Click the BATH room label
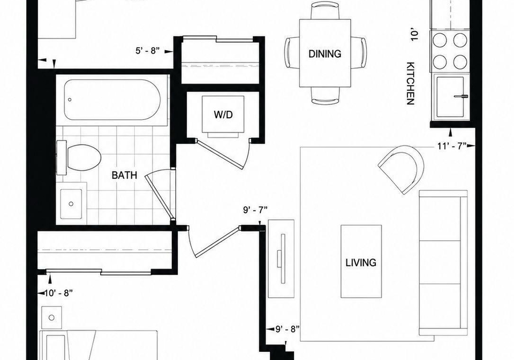click(x=124, y=175)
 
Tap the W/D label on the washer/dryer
click(x=223, y=114)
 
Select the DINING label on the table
click(x=324, y=53)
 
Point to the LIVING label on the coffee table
click(x=361, y=263)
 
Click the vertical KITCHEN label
click(x=411, y=83)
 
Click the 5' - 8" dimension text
click(x=148, y=51)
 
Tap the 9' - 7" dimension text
click(x=255, y=210)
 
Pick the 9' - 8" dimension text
click(x=288, y=329)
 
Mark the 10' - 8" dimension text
click(x=58, y=293)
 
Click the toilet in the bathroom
click(x=79, y=158)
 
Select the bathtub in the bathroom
click(x=112, y=99)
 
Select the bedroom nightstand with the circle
click(x=51, y=318)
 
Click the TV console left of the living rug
click(x=281, y=258)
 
